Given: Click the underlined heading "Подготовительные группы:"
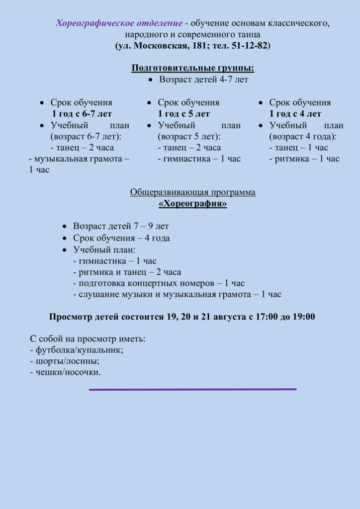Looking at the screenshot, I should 193,68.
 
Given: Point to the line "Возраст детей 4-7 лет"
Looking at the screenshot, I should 203,80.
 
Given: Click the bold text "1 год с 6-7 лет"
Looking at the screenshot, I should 82,114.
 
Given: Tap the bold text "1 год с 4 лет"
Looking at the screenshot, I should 295,114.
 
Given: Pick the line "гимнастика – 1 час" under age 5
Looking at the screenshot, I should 199,159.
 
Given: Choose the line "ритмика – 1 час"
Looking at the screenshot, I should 304,159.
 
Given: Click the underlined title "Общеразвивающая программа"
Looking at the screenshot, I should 193,192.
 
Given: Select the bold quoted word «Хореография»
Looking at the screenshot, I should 192,204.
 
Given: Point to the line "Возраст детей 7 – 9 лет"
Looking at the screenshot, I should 121,226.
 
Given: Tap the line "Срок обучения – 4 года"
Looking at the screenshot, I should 121,238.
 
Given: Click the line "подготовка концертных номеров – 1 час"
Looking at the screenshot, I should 159,283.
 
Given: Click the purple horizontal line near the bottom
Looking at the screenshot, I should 193,389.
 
